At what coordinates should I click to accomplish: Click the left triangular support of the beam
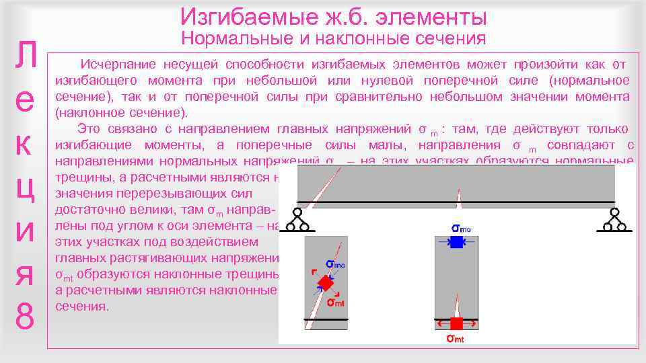(296, 220)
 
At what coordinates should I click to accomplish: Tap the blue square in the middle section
(457, 243)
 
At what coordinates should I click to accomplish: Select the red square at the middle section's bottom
(457, 323)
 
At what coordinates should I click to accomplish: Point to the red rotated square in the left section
(326, 284)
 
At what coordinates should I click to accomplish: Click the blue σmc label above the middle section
(461, 229)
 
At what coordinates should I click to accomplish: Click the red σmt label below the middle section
(456, 338)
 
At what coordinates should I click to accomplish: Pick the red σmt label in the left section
(336, 302)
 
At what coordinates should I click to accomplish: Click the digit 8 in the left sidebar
(24, 316)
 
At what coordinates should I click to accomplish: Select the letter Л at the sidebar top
(24, 57)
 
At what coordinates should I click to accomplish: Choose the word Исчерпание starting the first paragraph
(118, 65)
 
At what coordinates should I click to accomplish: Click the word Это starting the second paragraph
(91, 129)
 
